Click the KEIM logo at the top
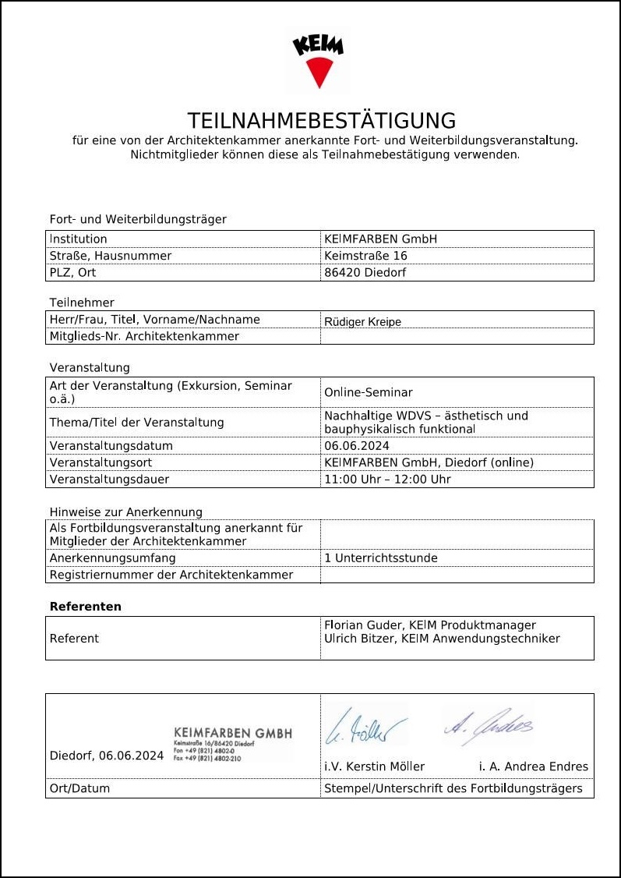[318, 62]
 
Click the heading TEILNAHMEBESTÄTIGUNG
[321, 121]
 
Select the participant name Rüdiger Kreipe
[362, 321]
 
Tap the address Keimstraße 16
[365, 256]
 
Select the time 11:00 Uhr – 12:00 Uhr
[387, 480]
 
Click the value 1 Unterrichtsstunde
[380, 558]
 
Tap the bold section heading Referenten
[86, 607]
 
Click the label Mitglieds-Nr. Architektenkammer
[144, 337]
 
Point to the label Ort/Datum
[79, 788]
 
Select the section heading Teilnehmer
[82, 303]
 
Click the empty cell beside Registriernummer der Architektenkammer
[457, 575]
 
